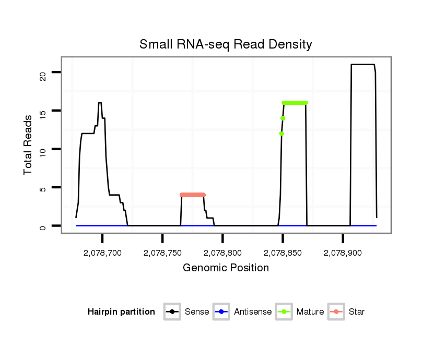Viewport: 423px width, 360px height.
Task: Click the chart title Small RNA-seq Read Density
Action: [226, 44]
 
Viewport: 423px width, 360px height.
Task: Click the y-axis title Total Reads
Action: [28, 145]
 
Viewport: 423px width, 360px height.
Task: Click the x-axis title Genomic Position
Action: [226, 268]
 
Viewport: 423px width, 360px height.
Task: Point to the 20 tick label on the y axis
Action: [43, 72]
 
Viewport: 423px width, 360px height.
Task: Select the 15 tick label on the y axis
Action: [43, 111]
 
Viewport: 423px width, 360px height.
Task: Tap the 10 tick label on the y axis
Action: [43, 149]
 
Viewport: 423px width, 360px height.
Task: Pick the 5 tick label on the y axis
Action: [43, 188]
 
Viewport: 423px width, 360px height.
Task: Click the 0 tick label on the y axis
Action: [43, 226]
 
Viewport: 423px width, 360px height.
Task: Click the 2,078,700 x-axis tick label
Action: [102, 253]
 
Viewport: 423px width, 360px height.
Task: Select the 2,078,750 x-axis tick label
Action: [162, 253]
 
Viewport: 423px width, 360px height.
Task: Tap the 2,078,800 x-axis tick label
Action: [222, 253]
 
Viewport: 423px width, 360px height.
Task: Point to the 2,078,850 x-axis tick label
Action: [283, 253]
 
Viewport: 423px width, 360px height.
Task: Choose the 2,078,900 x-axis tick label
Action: [343, 253]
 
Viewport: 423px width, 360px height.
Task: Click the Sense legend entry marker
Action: [172, 312]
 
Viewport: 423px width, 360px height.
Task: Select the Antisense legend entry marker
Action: [221, 312]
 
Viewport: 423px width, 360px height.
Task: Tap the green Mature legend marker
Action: [284, 312]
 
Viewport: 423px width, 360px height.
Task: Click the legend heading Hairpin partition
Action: [121, 312]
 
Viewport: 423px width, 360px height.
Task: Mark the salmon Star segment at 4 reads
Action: [192, 195]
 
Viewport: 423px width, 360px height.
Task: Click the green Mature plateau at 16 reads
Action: [295, 103]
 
